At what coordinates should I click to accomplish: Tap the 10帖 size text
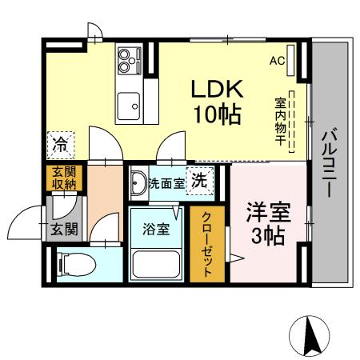pos(215,115)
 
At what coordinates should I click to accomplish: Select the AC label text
pos(277,60)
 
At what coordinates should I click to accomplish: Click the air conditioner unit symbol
pos(292,61)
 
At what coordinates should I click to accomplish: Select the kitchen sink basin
pos(128,104)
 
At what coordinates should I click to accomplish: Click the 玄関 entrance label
pos(64,230)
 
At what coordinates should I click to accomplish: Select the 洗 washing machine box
pos(199,179)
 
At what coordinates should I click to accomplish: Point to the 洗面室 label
pos(166,183)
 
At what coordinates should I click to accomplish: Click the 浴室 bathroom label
pos(156,229)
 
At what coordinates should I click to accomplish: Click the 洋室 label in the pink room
pos(266,214)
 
